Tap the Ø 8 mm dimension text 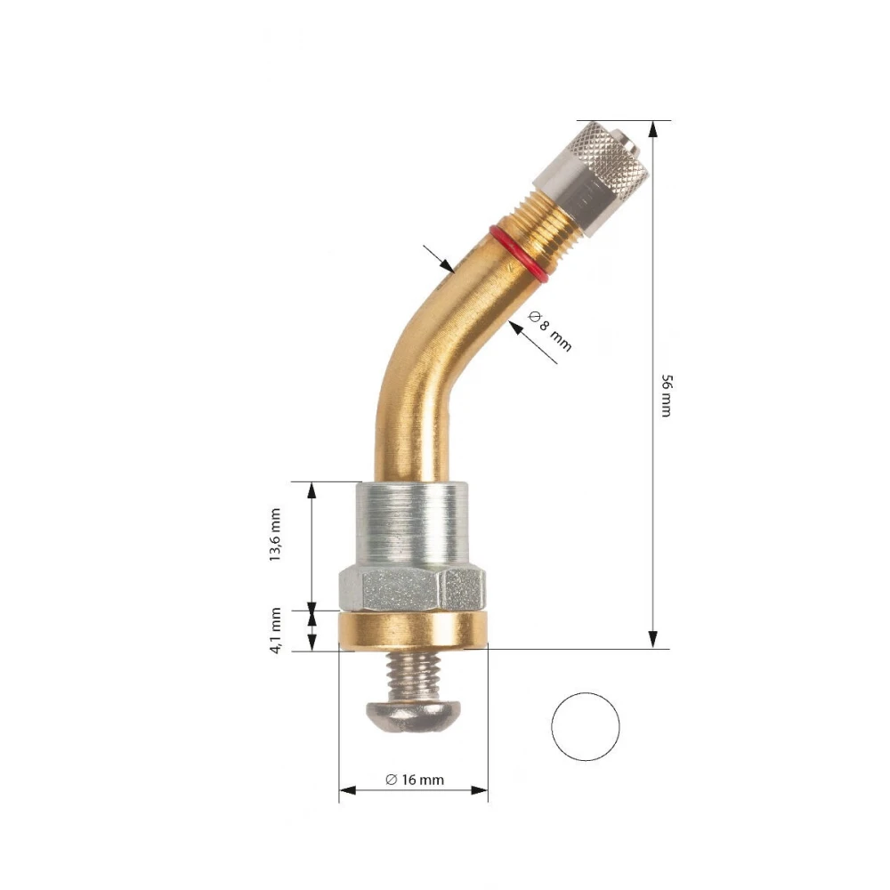(x=550, y=330)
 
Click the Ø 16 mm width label (x=414, y=780)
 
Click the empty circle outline (x=585, y=726)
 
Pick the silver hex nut (x=412, y=589)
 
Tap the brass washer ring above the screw (x=413, y=630)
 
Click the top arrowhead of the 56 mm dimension (x=653, y=128)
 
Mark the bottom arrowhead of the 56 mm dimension (x=653, y=640)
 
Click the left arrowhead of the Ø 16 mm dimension (x=347, y=789)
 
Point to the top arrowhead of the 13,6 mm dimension (x=312, y=489)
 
